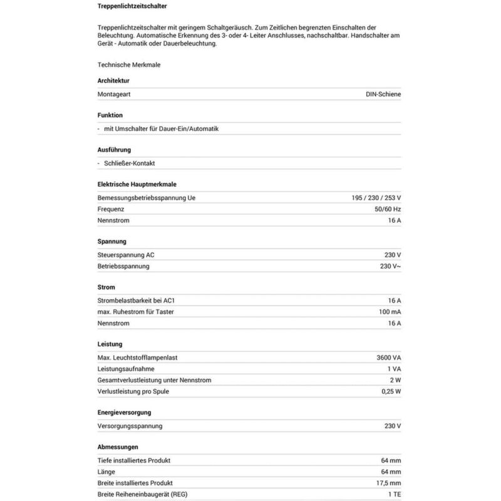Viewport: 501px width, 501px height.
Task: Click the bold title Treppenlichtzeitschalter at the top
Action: coord(132,7)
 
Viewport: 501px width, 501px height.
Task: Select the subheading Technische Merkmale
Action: coord(124,64)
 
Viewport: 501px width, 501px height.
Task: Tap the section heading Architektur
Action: coord(113,81)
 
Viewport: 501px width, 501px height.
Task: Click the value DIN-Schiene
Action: coord(383,94)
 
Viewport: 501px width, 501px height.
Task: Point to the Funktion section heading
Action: coord(110,115)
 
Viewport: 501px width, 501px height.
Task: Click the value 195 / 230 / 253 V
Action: coord(376,198)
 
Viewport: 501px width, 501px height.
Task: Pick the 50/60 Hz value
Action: coord(388,209)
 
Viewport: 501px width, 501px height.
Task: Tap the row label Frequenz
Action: coord(111,209)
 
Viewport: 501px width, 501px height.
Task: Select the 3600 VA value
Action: coord(388,358)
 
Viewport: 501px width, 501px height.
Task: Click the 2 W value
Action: coord(395,380)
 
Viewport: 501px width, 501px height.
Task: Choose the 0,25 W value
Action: coord(390,391)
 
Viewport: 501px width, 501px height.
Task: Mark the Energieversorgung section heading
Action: coord(124,413)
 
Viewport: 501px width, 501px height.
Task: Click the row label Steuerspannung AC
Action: coord(126,255)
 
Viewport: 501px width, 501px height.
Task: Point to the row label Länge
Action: coord(107,472)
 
